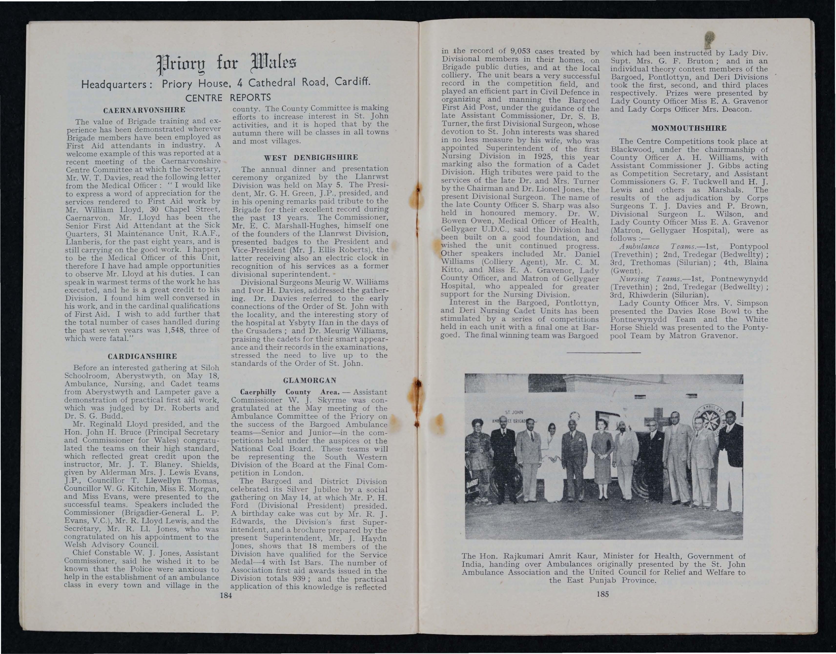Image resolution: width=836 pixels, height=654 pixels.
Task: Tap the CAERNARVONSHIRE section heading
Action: pos(144,110)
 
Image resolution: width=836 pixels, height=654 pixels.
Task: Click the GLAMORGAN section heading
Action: pos(310,380)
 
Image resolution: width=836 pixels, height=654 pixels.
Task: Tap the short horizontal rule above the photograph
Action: pos(603,352)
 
